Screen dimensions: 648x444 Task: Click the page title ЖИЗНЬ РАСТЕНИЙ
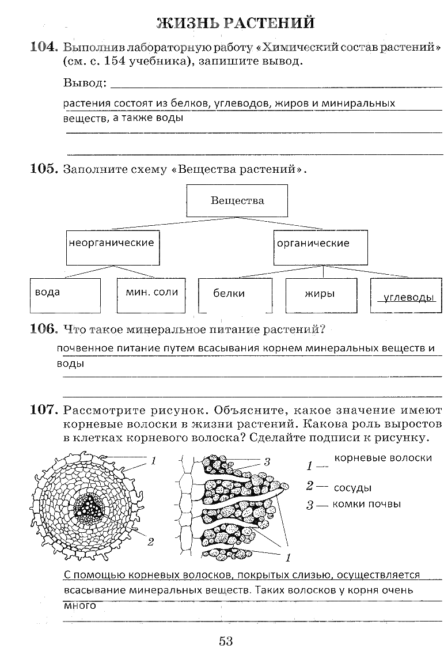point(236,23)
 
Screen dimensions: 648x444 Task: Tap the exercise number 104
point(44,47)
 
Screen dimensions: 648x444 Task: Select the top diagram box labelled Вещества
point(237,200)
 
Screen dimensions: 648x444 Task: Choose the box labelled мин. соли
point(151,295)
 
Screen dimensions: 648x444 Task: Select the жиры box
point(320,295)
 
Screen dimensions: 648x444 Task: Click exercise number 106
point(44,329)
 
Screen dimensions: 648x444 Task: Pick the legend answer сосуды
point(352,488)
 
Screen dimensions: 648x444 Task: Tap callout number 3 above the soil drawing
point(267,461)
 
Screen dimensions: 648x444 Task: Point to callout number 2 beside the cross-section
point(151,541)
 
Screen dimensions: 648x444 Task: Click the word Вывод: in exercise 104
point(85,83)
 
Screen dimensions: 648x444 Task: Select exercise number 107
point(44,411)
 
